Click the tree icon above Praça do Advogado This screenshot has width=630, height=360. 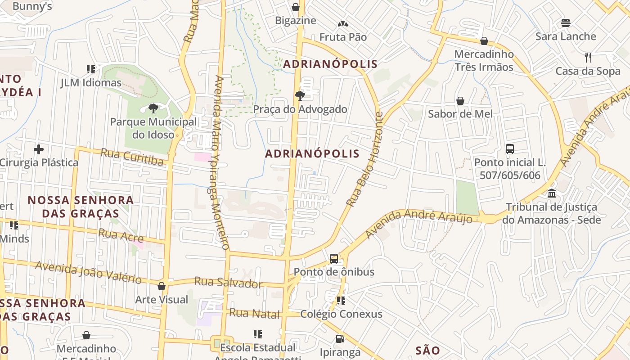pyautogui.click(x=300, y=95)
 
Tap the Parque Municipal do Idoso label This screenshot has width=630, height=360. pyautogui.click(x=153, y=128)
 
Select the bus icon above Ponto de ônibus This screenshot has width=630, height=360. pyautogui.click(x=333, y=258)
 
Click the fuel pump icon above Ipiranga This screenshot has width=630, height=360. pyautogui.click(x=340, y=338)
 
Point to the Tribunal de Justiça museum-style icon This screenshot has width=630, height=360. pyautogui.click(x=552, y=193)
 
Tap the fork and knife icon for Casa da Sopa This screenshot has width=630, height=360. pyautogui.click(x=588, y=57)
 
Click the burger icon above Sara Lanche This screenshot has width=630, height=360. pyautogui.click(x=566, y=23)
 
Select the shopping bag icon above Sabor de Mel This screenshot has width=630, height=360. pyautogui.click(x=460, y=100)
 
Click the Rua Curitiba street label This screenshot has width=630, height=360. pyautogui.click(x=132, y=157)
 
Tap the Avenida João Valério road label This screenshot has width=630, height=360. pyautogui.click(x=89, y=272)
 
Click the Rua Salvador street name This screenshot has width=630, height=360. pyautogui.click(x=228, y=283)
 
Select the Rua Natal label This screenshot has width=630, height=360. pyautogui.click(x=254, y=314)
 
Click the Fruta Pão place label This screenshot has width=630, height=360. pyautogui.click(x=343, y=37)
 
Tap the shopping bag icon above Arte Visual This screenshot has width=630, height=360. pyautogui.click(x=162, y=286)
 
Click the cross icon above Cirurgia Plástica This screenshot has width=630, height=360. pyautogui.click(x=39, y=149)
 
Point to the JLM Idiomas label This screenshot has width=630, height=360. pyautogui.click(x=91, y=83)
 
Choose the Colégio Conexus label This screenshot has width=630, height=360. pyautogui.click(x=341, y=314)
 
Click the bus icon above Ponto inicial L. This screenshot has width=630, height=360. pyautogui.click(x=510, y=148)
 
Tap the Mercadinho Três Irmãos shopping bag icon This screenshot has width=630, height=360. pyautogui.click(x=484, y=41)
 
